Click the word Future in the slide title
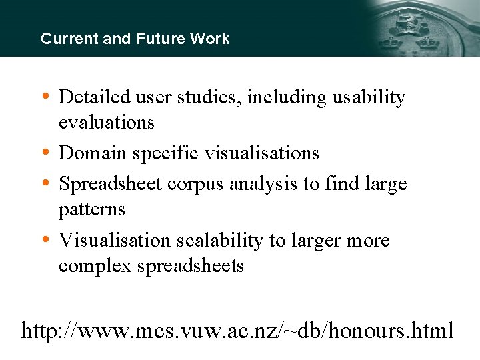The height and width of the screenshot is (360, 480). pyautogui.click(x=161, y=39)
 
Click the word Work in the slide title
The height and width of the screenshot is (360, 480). pyautogui.click(x=209, y=39)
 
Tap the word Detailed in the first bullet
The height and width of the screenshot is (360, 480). pyautogui.click(x=95, y=97)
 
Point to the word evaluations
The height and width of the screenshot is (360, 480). pyautogui.click(x=106, y=123)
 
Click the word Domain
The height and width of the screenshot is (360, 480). pyautogui.click(x=93, y=153)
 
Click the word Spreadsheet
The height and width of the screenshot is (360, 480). pyautogui.click(x=110, y=184)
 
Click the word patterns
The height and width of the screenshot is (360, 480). pyautogui.click(x=91, y=209)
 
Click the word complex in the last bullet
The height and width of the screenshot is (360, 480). pyautogui.click(x=95, y=267)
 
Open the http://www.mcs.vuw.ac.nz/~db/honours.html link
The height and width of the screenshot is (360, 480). pyautogui.click(x=237, y=330)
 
